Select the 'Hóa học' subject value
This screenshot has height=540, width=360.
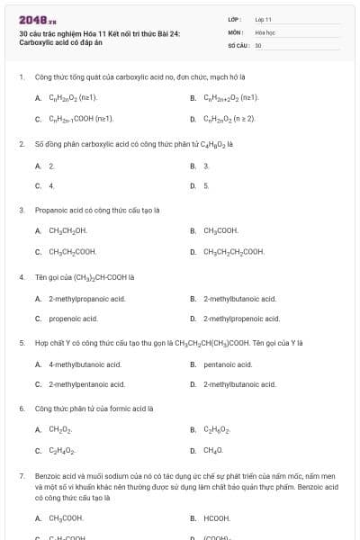265,31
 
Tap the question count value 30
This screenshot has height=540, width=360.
258,44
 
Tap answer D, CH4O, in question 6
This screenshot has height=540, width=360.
212,450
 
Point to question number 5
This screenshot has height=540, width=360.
22,343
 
